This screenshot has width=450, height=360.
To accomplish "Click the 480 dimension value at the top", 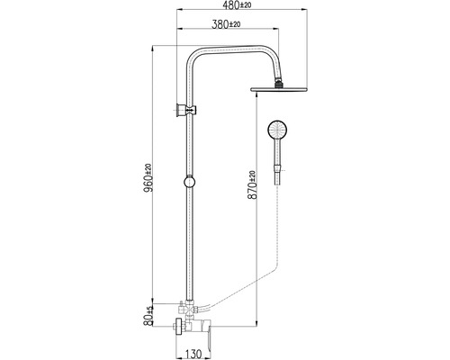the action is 232,4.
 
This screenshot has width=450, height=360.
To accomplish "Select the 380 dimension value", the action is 220,24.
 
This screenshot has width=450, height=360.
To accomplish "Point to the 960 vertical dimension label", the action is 148,184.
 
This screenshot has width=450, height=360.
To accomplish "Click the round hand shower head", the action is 277,130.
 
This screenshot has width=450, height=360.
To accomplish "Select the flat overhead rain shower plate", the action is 279,89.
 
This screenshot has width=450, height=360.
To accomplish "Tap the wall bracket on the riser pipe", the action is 186,111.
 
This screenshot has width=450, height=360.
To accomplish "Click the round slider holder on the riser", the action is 189,182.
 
